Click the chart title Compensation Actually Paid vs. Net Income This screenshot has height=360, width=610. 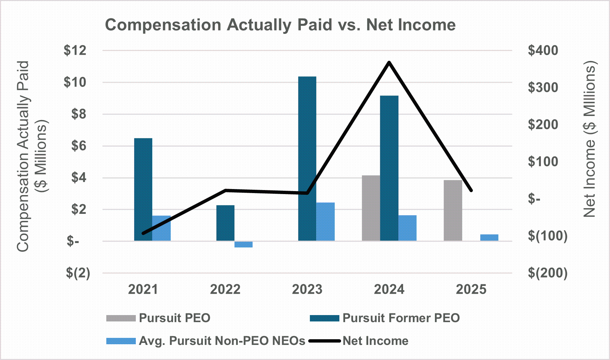pos(280,25)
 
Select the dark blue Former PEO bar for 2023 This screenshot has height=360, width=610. pos(307,159)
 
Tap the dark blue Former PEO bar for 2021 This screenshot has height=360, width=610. pos(143,189)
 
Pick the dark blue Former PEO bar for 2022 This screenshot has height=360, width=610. pos(225,223)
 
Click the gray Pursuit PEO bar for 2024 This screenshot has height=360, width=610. pos(371,208)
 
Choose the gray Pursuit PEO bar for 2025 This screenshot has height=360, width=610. pos(453,211)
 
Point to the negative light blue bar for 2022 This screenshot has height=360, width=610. pos(243,244)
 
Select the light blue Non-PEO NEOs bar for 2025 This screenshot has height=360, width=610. pos(489,237)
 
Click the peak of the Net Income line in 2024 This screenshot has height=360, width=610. pos(389,62)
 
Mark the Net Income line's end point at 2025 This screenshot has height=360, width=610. pos(471,190)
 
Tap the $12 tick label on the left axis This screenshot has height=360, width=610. pos(75,51)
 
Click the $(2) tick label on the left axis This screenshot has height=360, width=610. pos(78,273)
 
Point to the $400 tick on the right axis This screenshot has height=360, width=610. pos(543,51)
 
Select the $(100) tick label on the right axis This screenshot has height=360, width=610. pos(548,236)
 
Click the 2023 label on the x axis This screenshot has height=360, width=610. pos(307,289)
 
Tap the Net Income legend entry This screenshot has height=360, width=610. pos(375,341)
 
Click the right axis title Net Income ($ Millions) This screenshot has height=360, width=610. pos(589,139)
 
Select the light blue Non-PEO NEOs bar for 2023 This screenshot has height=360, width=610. pos(325,222)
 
